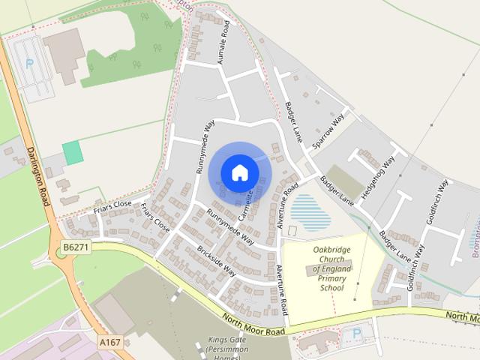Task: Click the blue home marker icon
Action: coord(239,172)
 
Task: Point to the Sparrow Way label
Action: coord(328,131)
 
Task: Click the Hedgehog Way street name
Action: coord(378,178)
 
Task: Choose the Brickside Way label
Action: coord(217,261)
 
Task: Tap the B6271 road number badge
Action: coord(75,247)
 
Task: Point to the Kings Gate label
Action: coord(223,339)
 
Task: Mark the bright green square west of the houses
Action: coord(73,153)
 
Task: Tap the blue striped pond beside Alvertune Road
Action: coord(310,211)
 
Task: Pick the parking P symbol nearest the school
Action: coord(357,332)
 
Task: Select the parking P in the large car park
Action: coord(30,64)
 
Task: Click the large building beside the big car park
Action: coord(64,54)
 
